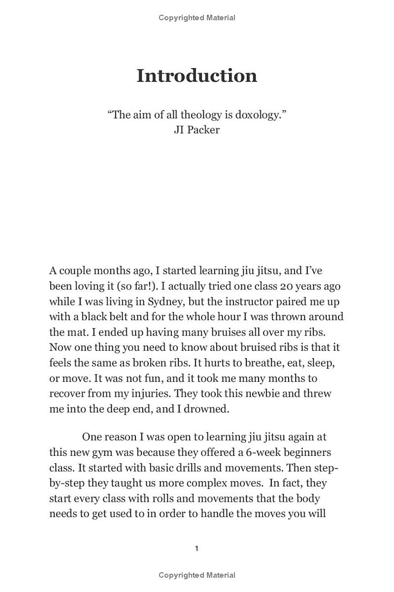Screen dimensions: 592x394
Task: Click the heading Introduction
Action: pyautogui.click(x=197, y=75)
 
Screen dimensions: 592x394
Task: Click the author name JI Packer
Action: pyautogui.click(x=197, y=130)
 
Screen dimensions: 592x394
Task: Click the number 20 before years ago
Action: pyautogui.click(x=286, y=286)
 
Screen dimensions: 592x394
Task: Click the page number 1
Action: pyautogui.click(x=197, y=549)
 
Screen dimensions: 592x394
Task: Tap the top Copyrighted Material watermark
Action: pyautogui.click(x=197, y=18)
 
